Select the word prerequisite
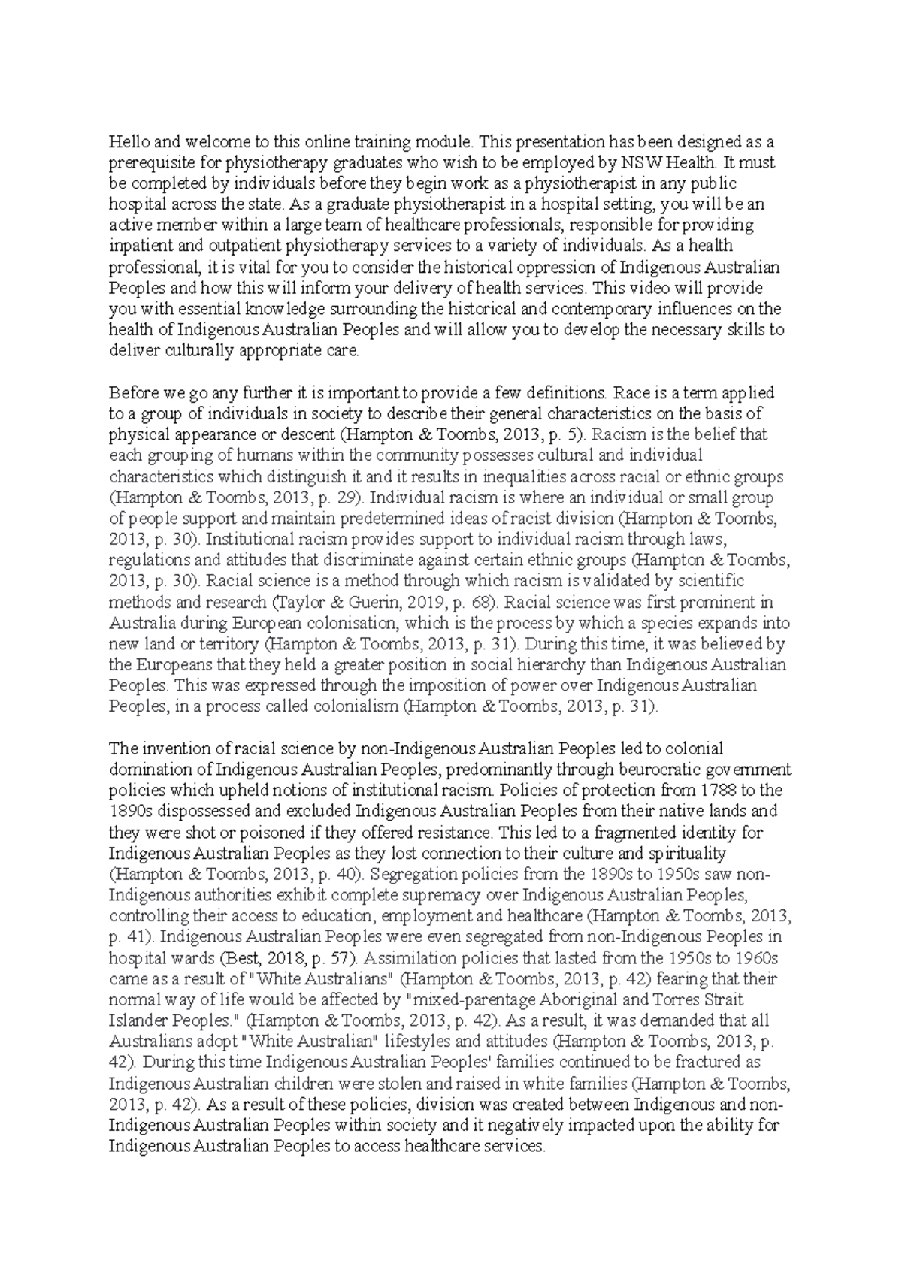coord(148,162)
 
